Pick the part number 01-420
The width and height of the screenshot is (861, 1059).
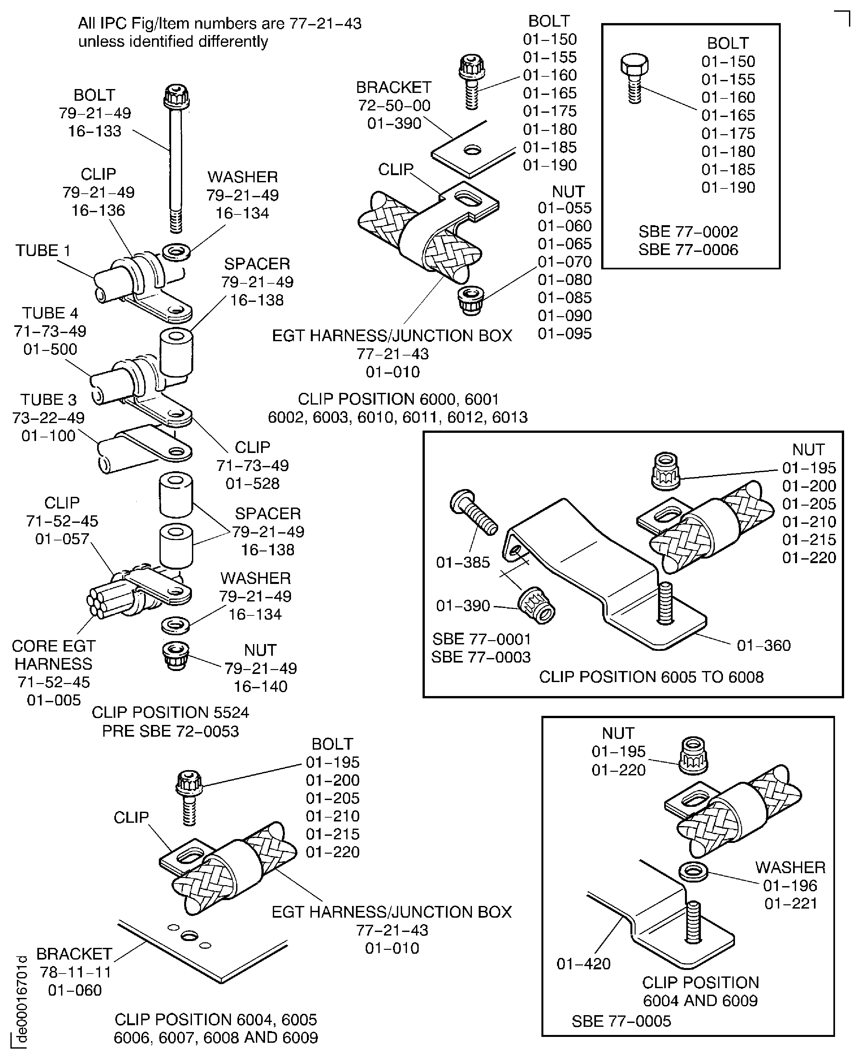tap(583, 964)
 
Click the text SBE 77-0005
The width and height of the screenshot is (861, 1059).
tap(621, 1021)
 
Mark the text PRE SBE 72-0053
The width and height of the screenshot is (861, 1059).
tap(170, 731)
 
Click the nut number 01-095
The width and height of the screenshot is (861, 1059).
tap(564, 333)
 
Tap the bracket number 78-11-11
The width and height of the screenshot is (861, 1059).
tap(75, 972)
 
